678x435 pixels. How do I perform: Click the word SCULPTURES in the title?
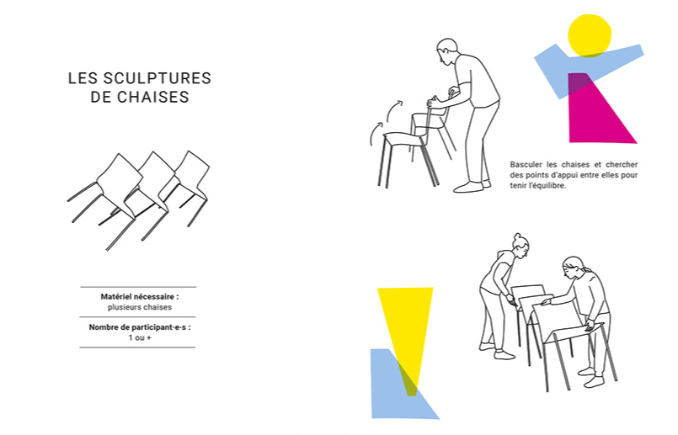click(x=157, y=78)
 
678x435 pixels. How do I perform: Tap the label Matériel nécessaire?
click(x=139, y=297)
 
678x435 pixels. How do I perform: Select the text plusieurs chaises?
click(x=139, y=307)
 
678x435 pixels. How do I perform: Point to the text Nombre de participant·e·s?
click(x=139, y=327)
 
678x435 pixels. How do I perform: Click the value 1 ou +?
click(x=139, y=337)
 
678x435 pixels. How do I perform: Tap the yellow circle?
click(x=590, y=35)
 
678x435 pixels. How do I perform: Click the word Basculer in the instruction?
click(x=526, y=165)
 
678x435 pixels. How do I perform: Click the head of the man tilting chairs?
click(x=446, y=51)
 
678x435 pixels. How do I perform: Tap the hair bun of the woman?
click(x=518, y=236)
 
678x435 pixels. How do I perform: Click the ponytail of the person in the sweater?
click(x=585, y=269)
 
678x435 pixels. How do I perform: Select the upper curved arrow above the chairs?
click(x=393, y=111)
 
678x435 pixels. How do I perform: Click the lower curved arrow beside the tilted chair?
click(x=375, y=133)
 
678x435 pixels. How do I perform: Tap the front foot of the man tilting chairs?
click(x=467, y=187)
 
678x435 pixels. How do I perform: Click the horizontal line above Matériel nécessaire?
click(x=138, y=287)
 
